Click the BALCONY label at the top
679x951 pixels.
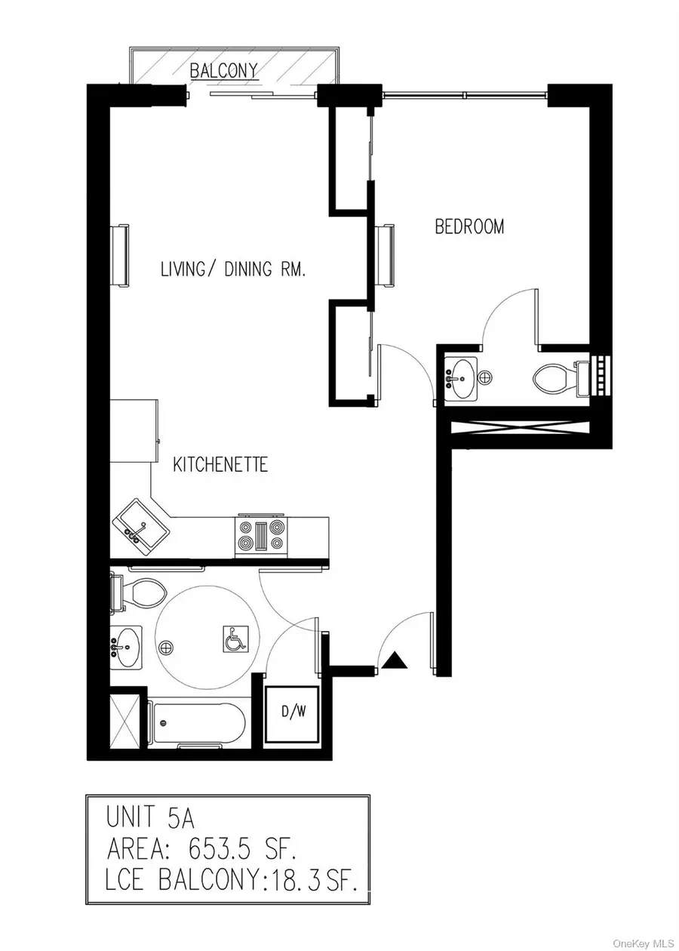(224, 71)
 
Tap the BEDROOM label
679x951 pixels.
(469, 226)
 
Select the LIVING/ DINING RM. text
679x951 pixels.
(233, 269)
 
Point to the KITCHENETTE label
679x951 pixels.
(220, 464)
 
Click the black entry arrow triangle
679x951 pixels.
(395, 661)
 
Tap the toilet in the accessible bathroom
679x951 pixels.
(139, 592)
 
